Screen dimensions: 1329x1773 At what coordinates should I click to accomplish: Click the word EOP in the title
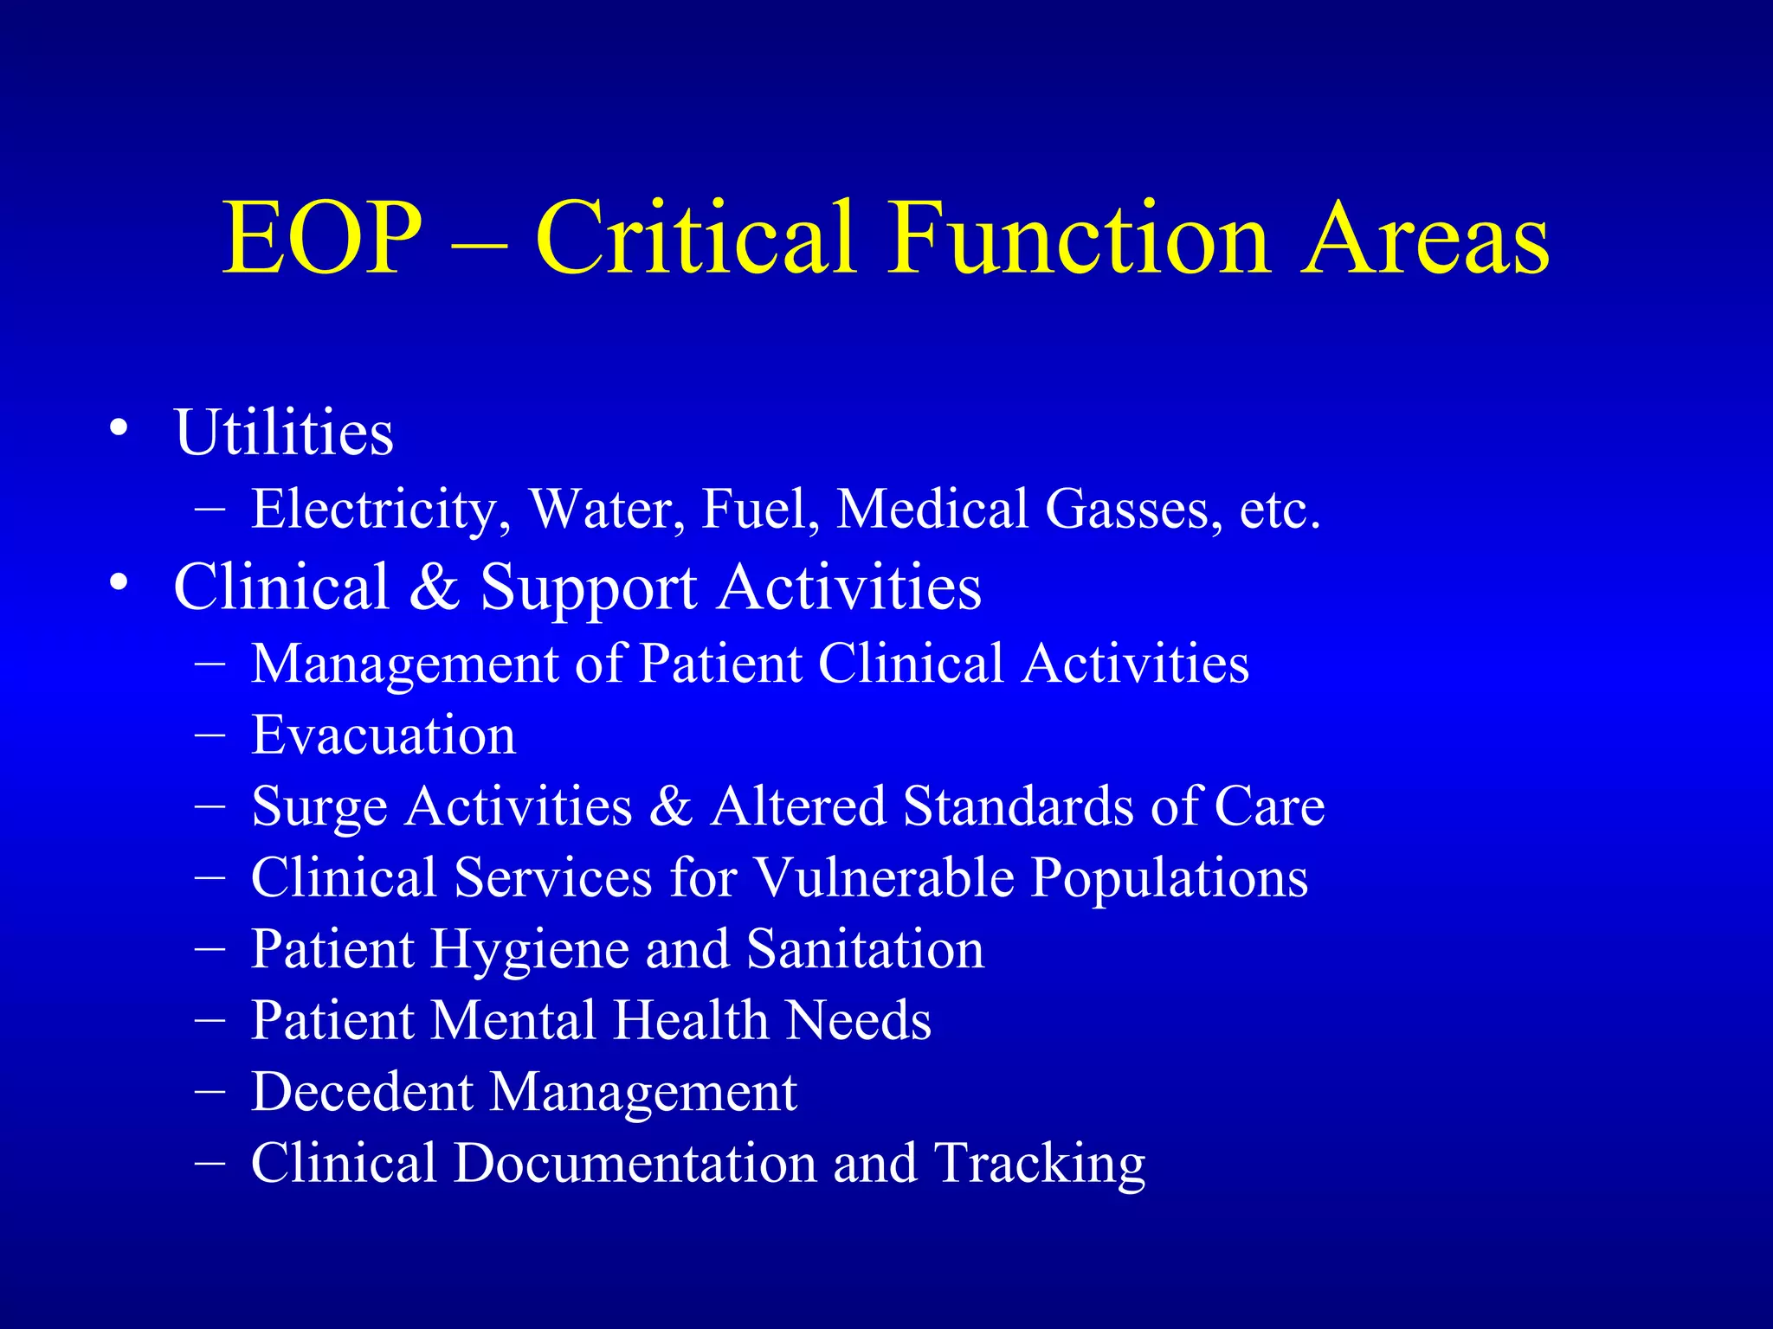322,238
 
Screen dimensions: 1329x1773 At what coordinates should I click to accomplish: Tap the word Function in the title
1079,238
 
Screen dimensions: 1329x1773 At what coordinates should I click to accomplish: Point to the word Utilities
284,432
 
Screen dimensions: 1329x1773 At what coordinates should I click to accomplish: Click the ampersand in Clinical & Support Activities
435,587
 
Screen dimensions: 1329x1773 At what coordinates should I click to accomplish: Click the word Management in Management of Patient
405,664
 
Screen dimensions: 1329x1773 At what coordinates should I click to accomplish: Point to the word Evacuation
384,735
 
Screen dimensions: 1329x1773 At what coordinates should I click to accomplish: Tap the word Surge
319,807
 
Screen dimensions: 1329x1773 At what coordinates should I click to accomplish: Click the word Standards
1018,806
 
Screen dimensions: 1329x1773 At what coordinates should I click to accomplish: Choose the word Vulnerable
885,877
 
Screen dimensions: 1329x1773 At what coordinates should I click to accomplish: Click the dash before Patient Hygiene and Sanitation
210,949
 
